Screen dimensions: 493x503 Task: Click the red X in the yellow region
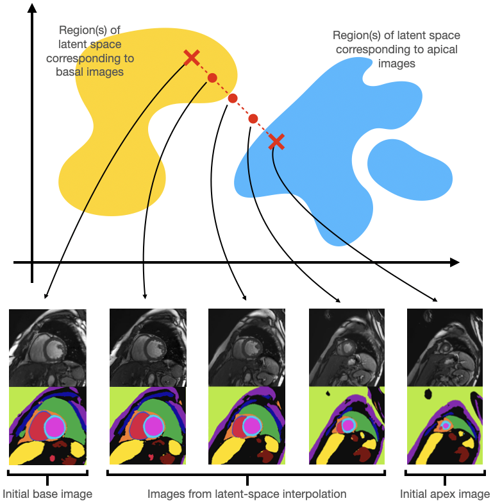click(x=191, y=58)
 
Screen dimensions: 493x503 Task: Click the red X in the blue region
click(x=276, y=142)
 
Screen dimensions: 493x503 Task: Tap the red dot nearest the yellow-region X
click(x=212, y=78)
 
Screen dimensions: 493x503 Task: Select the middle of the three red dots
click(x=233, y=99)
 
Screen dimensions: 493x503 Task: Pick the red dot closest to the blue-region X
click(x=253, y=119)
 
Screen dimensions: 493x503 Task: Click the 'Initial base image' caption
click(x=49, y=494)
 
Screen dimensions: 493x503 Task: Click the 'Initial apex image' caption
click(x=445, y=494)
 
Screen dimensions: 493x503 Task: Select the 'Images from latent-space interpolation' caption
click(x=247, y=494)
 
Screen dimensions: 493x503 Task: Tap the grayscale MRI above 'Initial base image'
click(x=47, y=348)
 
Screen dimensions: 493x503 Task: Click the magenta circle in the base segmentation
click(x=54, y=426)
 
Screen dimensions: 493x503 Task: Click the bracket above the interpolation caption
click(x=247, y=475)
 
